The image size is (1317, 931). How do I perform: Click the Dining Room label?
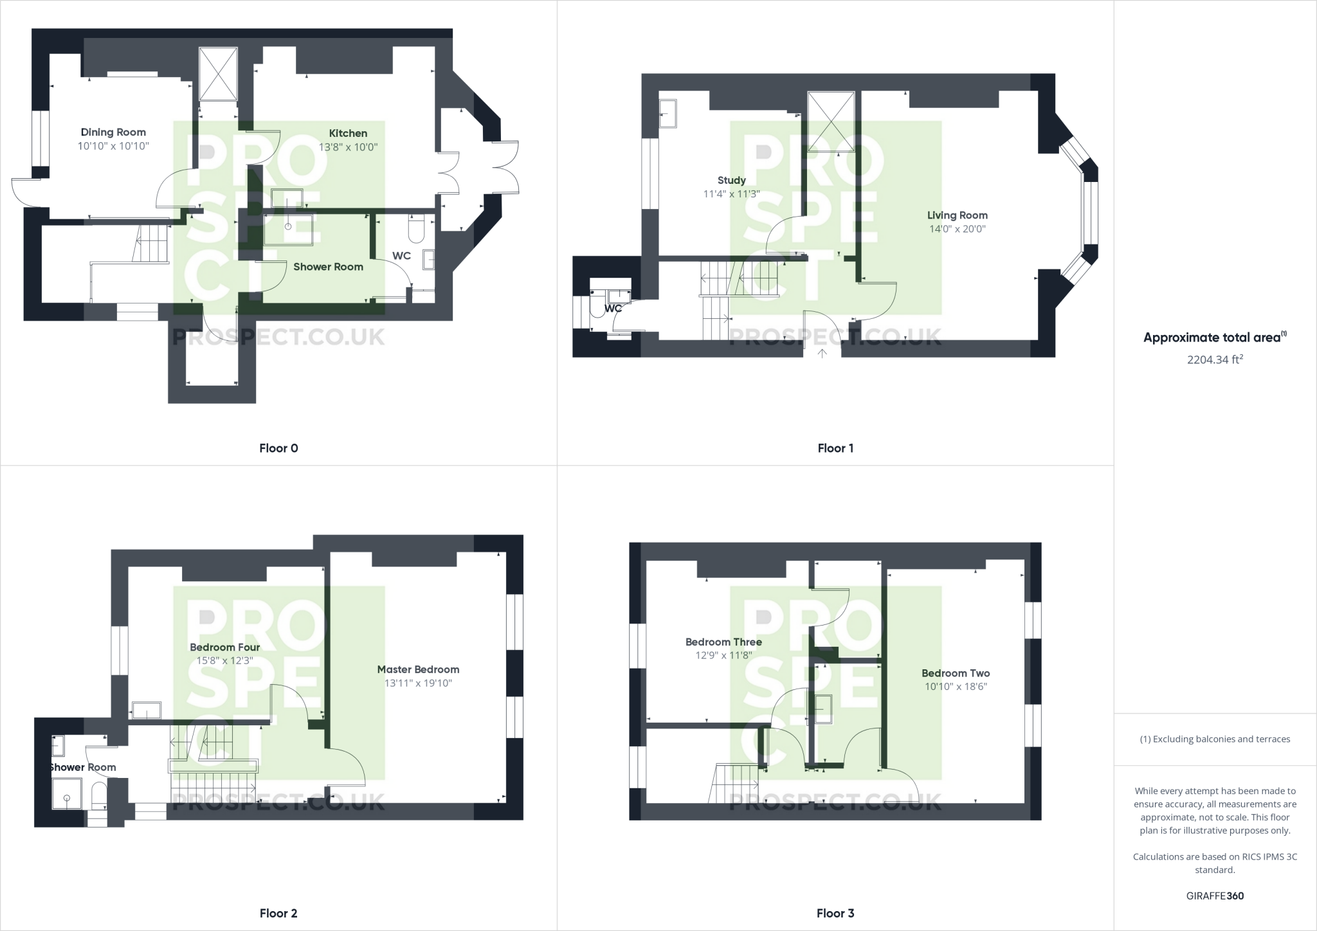coord(113,132)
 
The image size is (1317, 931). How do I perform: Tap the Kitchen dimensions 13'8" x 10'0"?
coord(348,147)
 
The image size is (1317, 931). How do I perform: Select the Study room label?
coord(731,180)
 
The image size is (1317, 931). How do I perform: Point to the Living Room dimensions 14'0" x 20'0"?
coord(957,229)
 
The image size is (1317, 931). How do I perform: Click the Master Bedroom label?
coord(418,669)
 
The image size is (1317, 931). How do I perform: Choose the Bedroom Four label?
coord(224,647)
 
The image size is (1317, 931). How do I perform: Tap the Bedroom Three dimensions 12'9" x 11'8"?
coord(723,655)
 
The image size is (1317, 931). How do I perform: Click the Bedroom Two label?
coord(955,673)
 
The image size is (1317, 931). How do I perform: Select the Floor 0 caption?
coord(278,448)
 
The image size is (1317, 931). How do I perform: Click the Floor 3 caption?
coord(835,913)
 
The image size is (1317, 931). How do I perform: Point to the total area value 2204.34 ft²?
coord(1215,359)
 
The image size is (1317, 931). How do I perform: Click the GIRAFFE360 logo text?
coord(1215,896)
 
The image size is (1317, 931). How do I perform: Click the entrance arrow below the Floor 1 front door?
coord(822,353)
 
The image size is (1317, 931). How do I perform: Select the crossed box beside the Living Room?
coord(831,122)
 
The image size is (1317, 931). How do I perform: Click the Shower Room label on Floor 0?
coord(328,267)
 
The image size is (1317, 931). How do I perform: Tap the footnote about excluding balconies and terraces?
coord(1215,739)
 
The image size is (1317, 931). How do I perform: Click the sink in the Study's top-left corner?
coord(668,114)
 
